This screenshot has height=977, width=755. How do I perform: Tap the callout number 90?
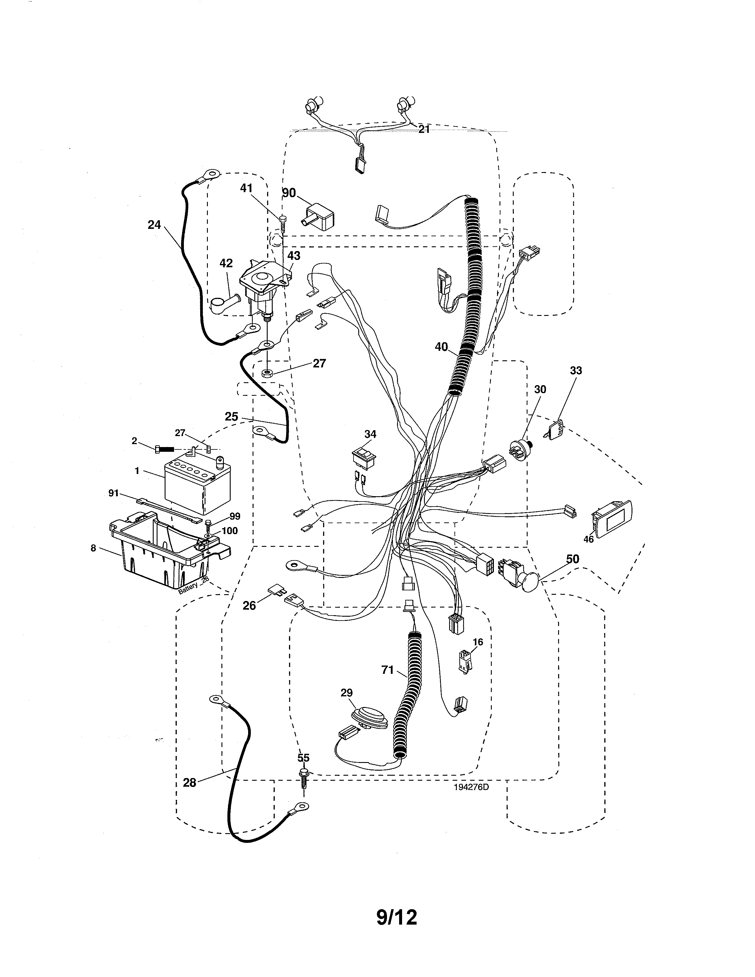point(289,193)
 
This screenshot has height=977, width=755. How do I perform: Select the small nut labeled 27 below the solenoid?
point(267,373)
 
